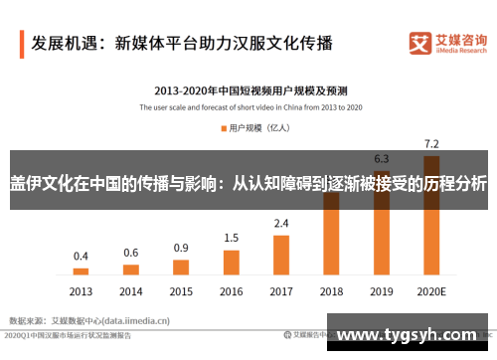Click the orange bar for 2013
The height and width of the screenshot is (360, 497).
81,270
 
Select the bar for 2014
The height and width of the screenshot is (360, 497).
131,268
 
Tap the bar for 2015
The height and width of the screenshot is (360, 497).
181,266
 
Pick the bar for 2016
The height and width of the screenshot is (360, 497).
231,262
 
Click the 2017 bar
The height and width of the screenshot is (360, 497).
281,254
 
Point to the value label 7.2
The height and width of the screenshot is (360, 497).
431,143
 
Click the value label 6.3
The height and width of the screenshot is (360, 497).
381,159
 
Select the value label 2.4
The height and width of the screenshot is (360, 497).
281,223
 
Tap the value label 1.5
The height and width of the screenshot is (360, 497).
231,238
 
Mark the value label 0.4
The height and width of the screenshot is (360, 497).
81,256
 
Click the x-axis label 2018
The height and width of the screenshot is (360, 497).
331,292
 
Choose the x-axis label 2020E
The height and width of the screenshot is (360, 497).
431,292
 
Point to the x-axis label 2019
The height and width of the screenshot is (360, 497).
381,292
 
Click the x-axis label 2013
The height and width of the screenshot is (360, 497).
81,292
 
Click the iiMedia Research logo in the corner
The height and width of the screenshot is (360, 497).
447,43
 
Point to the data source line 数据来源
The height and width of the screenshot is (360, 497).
89,321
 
